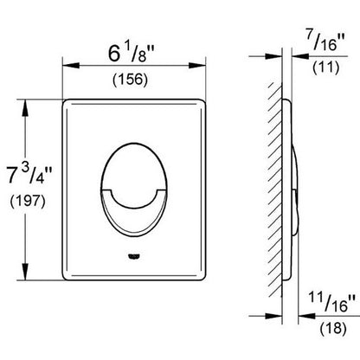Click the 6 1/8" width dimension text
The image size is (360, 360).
[x=132, y=54]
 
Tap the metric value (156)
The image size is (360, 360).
[x=131, y=79]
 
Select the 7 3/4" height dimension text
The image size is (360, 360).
[x=29, y=175]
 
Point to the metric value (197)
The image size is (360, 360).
[x=28, y=201]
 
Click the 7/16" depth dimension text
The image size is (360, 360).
[x=325, y=42]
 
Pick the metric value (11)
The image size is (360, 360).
[x=325, y=67]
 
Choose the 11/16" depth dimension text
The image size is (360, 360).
[x=331, y=301]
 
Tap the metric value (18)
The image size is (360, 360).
[x=332, y=328]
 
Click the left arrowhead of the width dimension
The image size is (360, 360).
[x=71, y=66]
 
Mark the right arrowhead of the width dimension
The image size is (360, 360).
[x=197, y=66]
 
